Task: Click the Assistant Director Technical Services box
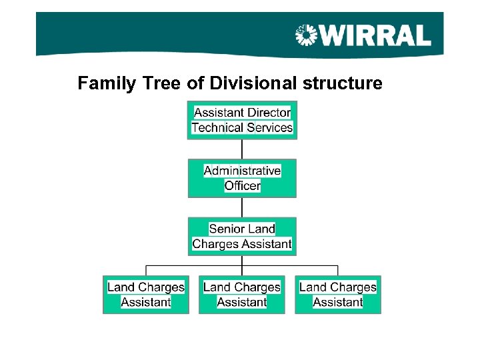coord(242,120)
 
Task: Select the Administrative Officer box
coord(242,178)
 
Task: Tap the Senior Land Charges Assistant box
coord(242,236)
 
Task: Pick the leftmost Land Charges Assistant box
coord(146,295)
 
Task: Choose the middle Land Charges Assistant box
coord(242,295)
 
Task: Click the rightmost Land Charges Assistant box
coord(338,295)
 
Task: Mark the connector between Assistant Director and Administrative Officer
coord(242,149)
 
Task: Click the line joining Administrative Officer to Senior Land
coord(242,207)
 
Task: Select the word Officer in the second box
coord(243,186)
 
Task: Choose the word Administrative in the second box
coord(242,171)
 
